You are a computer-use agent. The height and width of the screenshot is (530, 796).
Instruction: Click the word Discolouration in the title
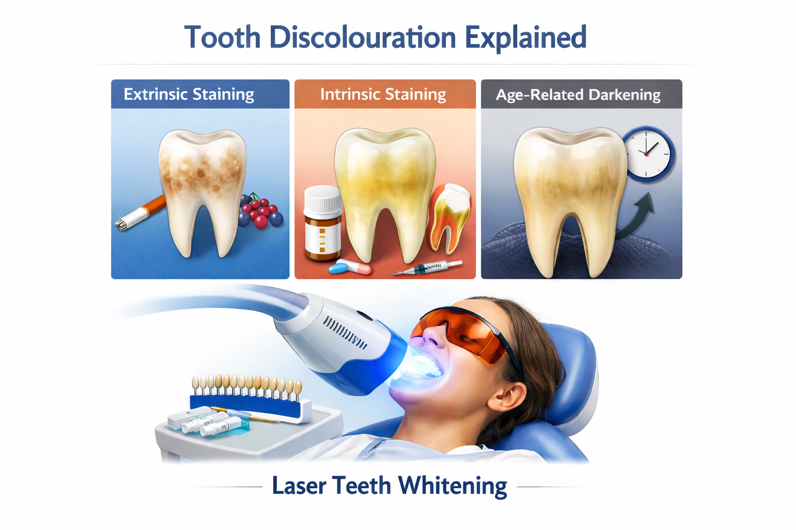362,38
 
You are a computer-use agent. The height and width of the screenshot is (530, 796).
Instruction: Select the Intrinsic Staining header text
383,94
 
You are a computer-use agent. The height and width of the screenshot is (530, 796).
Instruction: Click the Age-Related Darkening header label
578,95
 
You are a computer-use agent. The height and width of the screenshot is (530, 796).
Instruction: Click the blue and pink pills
350,268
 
